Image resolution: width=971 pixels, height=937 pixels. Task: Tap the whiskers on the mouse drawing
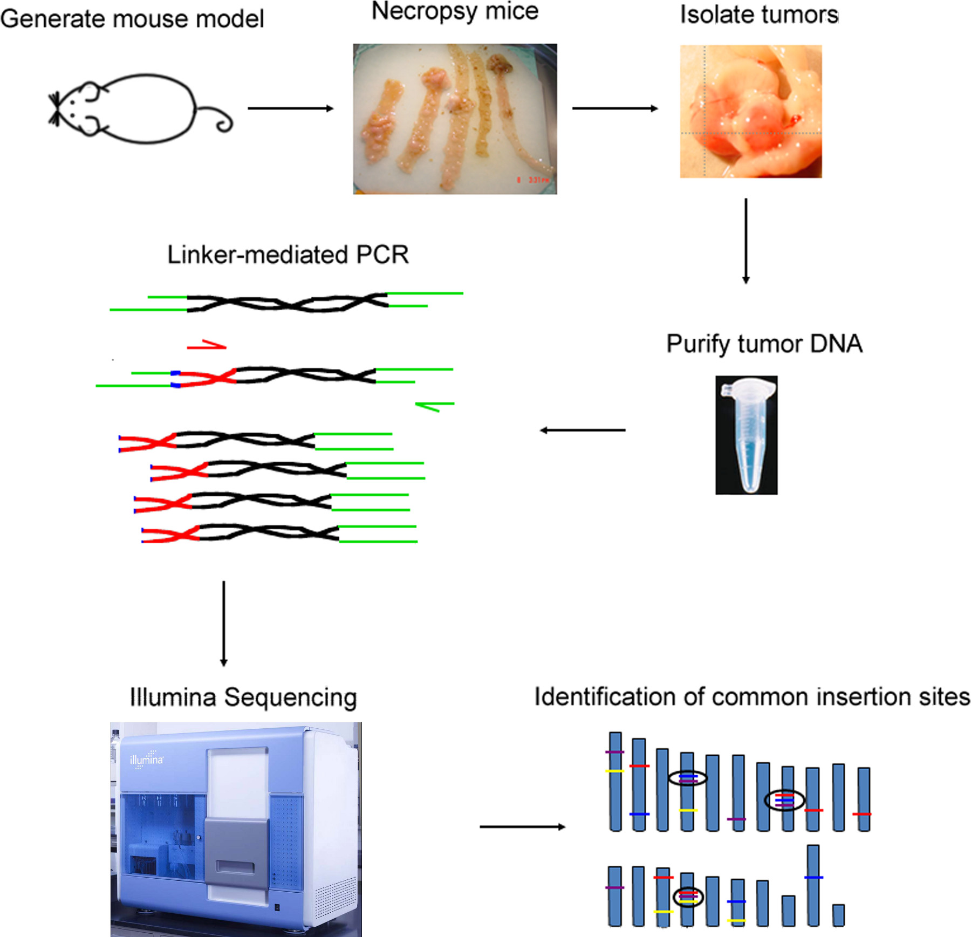coord(54,110)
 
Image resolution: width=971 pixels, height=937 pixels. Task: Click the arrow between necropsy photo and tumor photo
coord(614,108)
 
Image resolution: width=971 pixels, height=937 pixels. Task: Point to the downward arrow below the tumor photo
coord(746,241)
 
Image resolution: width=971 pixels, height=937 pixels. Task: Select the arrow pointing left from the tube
coord(583,430)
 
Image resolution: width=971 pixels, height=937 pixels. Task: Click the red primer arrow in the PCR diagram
coord(207,345)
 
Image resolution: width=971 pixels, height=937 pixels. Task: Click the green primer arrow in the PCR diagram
coord(434,406)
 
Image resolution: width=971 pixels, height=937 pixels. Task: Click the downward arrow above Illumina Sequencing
coord(224,623)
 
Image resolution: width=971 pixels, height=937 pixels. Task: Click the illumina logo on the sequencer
coord(146,760)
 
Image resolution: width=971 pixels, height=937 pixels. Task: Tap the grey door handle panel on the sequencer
coord(236,851)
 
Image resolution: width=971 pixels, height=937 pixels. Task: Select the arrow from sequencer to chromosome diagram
coord(522,826)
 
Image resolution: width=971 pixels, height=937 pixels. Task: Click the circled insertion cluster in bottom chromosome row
coord(688,897)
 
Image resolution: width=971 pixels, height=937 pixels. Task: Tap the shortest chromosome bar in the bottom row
coord(838,915)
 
